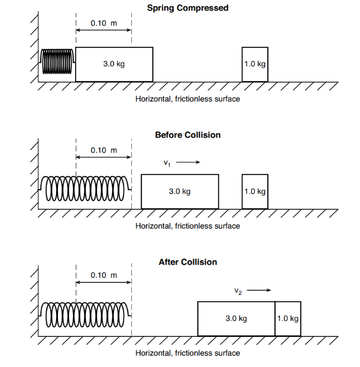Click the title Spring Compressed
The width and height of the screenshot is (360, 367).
[x=188, y=8]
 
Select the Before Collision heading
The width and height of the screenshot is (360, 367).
[x=188, y=135]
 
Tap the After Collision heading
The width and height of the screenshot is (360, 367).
[x=188, y=262]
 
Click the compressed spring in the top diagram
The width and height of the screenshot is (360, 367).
[x=57, y=61]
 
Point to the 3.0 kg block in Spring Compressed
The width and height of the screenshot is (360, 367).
[x=114, y=64]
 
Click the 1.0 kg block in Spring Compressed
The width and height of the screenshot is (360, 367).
[x=255, y=64]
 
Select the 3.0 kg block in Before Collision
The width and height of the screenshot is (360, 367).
[x=180, y=191]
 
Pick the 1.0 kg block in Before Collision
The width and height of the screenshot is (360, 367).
[x=255, y=191]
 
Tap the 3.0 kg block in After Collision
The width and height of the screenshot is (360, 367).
[x=236, y=319]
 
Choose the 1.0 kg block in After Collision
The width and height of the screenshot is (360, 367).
[x=288, y=319]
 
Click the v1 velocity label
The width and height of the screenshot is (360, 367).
[x=167, y=163]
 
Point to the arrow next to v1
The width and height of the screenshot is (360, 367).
[x=188, y=162]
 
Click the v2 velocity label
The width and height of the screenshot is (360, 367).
[x=238, y=291]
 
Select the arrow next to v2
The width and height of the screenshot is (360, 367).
[x=259, y=290]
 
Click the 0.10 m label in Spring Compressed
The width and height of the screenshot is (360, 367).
[x=103, y=23]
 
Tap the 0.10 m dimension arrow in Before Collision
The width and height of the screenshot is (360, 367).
[x=103, y=157]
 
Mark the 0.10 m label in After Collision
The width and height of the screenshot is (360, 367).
[x=103, y=275]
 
